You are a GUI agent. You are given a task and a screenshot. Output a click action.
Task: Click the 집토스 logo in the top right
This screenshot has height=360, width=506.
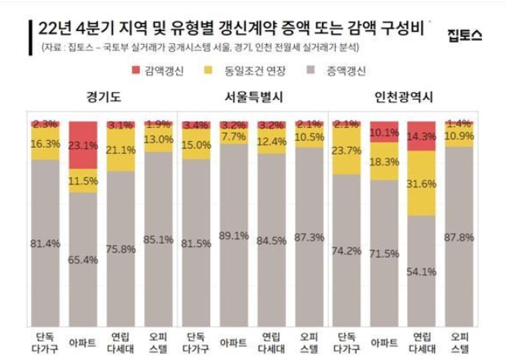click(465, 35)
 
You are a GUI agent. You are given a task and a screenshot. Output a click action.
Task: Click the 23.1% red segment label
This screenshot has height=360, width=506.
click(83, 144)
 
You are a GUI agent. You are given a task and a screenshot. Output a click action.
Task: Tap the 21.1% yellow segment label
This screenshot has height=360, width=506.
click(121, 149)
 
